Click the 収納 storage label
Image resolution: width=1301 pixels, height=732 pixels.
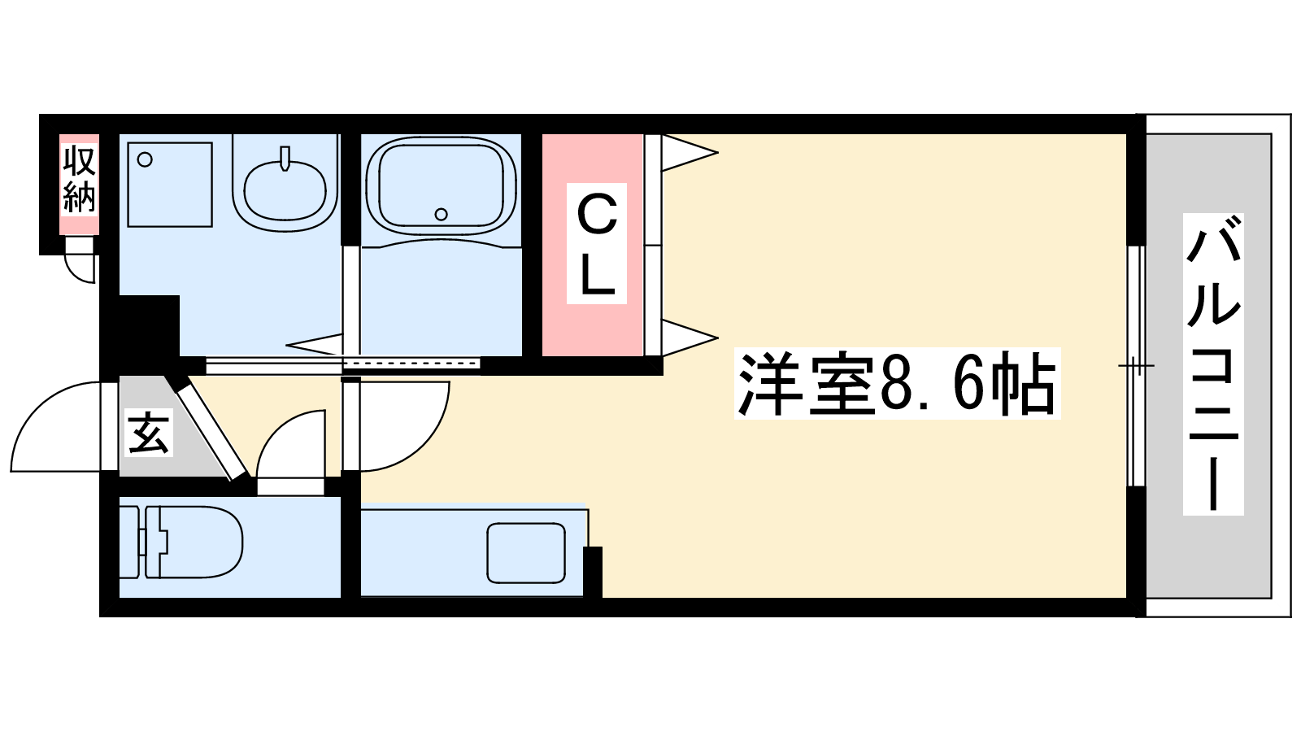pos(80,179)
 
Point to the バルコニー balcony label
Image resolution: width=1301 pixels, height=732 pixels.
pos(1212,364)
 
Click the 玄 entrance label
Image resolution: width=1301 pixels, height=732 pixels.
pos(149,434)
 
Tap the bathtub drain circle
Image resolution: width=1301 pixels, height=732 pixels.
pos(441,214)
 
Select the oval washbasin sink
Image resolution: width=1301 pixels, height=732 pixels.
pos(285,189)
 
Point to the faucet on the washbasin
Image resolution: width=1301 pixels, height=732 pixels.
pos(285,158)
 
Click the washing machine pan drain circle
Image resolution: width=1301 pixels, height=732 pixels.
pos(146,160)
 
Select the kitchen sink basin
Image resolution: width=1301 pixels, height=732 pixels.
pos(526,553)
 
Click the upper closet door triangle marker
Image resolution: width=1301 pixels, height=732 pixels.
pos(687,152)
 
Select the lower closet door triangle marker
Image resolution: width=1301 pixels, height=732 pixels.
pos(687,337)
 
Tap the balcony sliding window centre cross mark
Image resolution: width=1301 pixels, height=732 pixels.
pos(1136,366)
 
